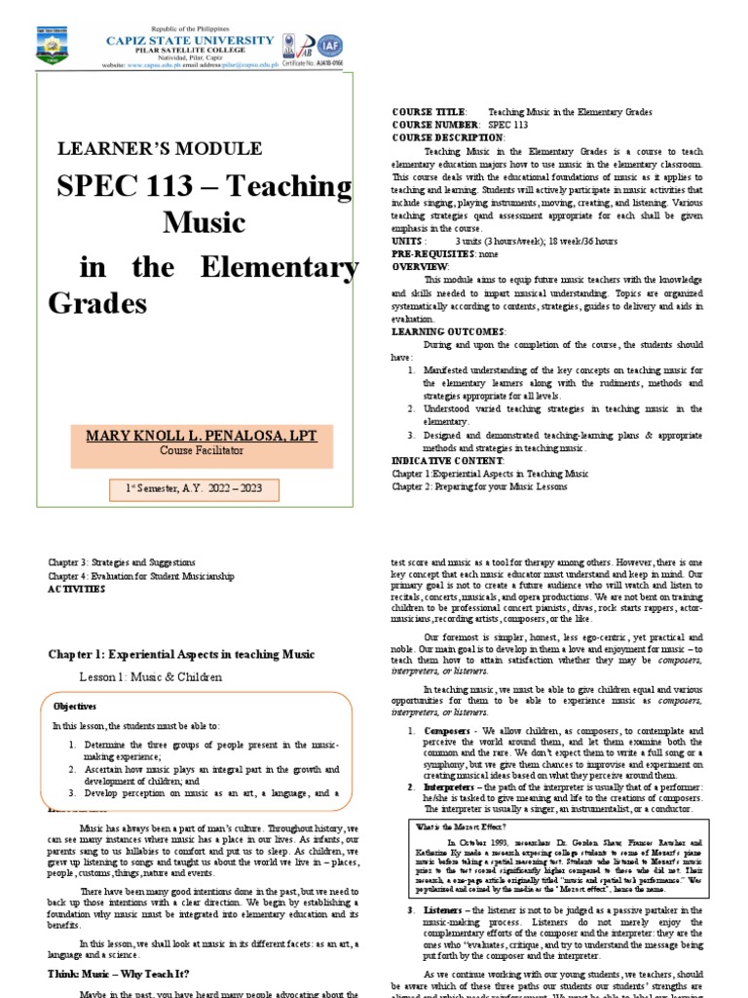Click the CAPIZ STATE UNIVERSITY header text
189,39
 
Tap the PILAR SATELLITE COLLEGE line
190,51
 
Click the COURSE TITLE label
429,113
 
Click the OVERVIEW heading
420,265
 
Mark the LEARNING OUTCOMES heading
448,331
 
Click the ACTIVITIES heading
77,590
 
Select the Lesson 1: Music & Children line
150,676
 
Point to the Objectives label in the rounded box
74,706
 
